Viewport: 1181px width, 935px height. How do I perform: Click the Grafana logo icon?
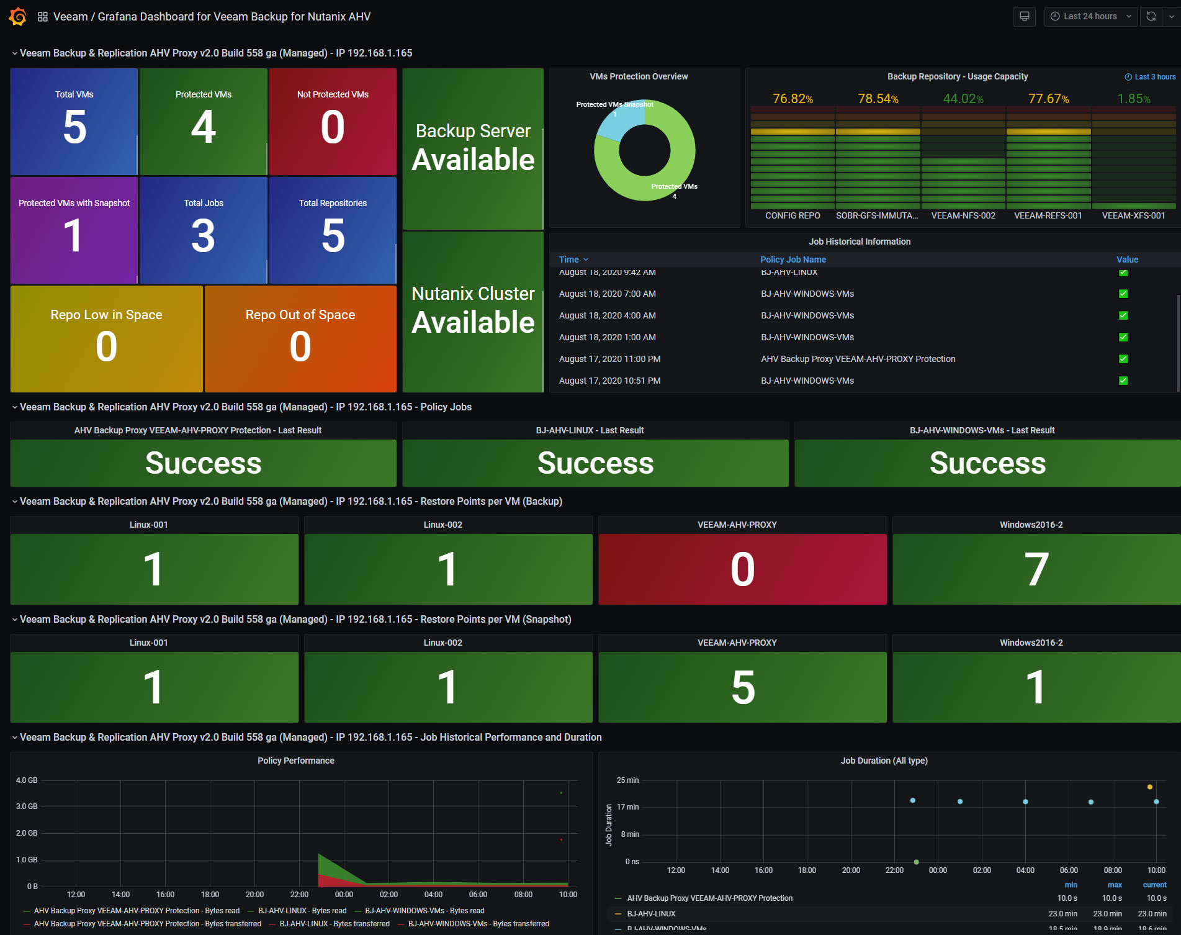pos(18,17)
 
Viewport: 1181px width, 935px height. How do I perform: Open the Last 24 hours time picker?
pos(1090,17)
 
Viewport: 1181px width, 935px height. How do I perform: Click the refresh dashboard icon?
pos(1151,17)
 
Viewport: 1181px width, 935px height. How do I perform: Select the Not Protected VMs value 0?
pos(333,127)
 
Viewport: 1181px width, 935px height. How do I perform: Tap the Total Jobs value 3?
pos(204,237)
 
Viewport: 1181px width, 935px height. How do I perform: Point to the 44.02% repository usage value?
pos(963,99)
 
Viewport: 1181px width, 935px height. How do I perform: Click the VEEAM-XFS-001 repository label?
pos(1133,215)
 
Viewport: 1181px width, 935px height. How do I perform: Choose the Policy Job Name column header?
pos(793,260)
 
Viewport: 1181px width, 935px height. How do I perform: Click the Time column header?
pos(569,260)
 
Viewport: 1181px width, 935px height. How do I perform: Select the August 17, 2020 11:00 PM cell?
pos(609,359)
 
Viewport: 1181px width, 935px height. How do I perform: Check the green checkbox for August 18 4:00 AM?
pos(1123,315)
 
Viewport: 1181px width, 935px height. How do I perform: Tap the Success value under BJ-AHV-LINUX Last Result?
pos(595,463)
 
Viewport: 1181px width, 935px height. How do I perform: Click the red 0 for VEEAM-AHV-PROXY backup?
pos(742,569)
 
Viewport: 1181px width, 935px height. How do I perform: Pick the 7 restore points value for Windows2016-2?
pos(1036,569)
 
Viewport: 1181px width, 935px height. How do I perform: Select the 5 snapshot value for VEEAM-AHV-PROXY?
pos(742,687)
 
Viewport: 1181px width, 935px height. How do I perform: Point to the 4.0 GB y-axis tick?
pos(27,780)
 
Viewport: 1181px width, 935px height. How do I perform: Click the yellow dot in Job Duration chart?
pos(1150,787)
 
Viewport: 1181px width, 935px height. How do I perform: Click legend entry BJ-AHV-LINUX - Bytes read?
pos(302,911)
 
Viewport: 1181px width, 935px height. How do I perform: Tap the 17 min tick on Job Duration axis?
pos(627,807)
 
